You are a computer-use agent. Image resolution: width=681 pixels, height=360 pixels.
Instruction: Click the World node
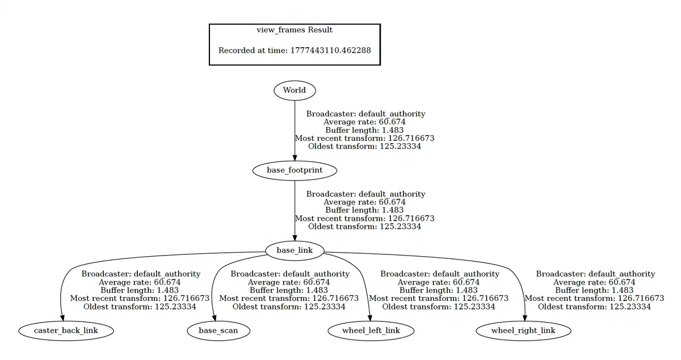(x=295, y=90)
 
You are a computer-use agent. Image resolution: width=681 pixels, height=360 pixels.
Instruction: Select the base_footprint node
(x=295, y=170)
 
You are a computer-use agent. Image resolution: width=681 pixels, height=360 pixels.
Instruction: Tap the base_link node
(x=295, y=251)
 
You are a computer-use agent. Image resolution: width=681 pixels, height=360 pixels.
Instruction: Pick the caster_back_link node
(x=66, y=331)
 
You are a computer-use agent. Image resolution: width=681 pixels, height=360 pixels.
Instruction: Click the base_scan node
(x=218, y=331)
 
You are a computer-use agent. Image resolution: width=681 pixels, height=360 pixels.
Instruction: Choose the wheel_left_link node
(x=371, y=331)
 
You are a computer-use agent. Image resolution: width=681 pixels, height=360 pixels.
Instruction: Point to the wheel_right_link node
(x=523, y=331)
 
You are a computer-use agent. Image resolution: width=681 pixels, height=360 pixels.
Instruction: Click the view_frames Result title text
(x=295, y=30)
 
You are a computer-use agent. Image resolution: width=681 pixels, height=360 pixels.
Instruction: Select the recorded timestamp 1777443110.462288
(x=330, y=50)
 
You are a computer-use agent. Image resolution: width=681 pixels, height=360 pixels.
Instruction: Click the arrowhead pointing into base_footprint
(x=295, y=157)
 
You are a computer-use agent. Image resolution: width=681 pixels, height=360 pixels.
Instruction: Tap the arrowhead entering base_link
(x=295, y=237)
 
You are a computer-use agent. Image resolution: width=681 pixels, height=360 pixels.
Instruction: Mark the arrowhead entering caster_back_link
(x=62, y=318)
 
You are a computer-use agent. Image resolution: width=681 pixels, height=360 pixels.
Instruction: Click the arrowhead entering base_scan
(x=215, y=318)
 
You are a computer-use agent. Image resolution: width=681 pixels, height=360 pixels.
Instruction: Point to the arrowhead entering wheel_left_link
(x=370, y=318)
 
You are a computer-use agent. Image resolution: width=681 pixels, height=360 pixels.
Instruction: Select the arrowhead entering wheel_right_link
(x=525, y=318)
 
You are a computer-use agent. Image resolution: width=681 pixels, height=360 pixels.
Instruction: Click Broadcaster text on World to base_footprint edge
(x=365, y=114)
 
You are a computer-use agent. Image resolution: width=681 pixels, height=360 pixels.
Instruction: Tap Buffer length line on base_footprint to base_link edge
(x=364, y=210)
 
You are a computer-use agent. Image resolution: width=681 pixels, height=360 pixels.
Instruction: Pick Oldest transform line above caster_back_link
(x=140, y=307)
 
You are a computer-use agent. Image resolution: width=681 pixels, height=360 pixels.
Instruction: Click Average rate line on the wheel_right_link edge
(x=594, y=282)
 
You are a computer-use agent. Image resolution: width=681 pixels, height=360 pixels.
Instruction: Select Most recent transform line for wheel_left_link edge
(x=439, y=299)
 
